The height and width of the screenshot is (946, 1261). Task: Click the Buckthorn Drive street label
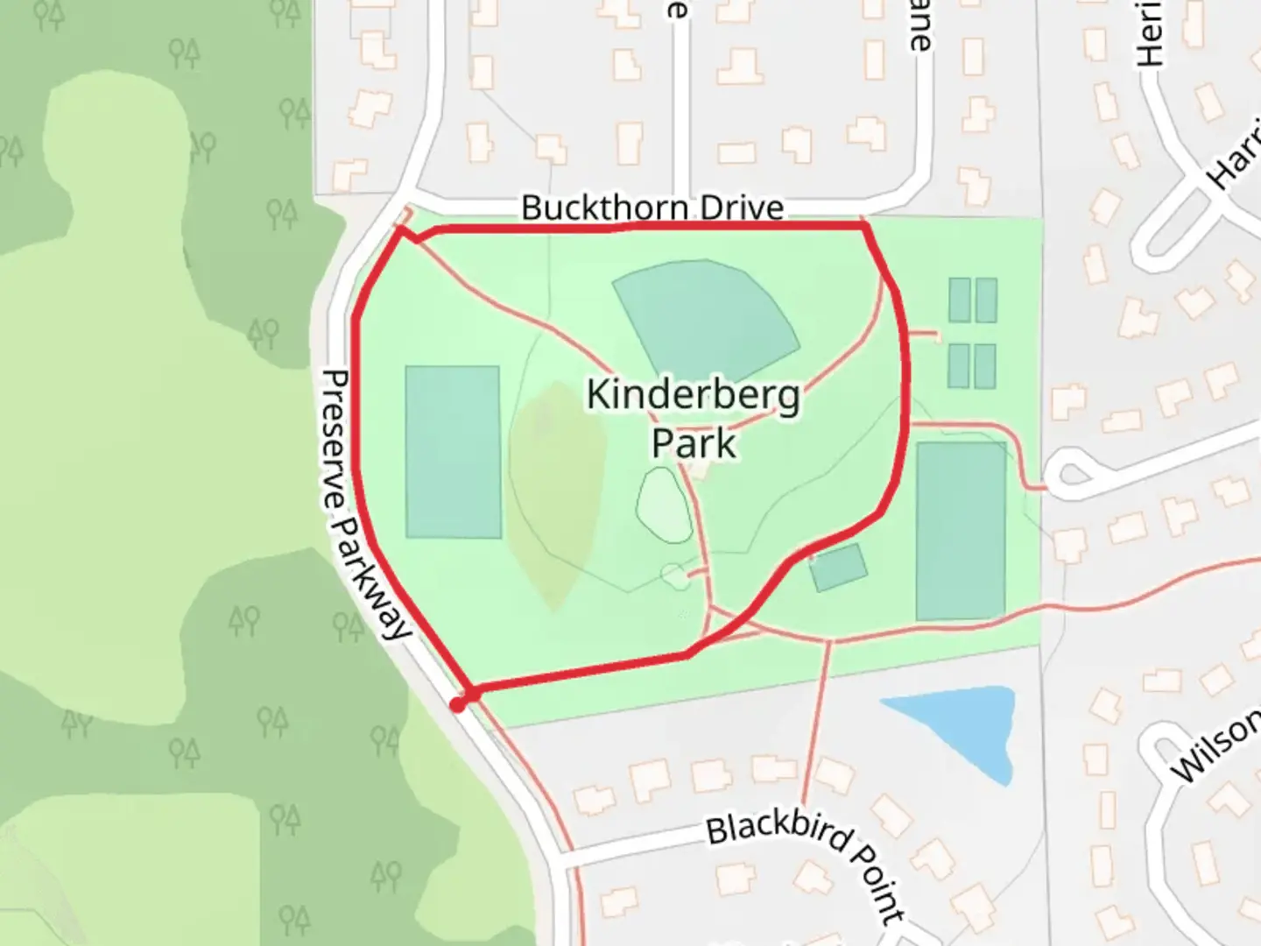pyautogui.click(x=652, y=208)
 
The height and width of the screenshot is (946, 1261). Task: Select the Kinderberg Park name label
pyautogui.click(x=694, y=418)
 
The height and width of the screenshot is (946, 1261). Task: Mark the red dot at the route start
pyautogui.click(x=458, y=704)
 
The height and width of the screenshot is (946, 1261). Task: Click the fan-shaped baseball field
pyautogui.click(x=708, y=315)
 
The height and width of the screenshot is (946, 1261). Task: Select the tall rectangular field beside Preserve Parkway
pyautogui.click(x=453, y=451)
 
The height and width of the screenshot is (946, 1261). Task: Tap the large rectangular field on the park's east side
pyautogui.click(x=961, y=530)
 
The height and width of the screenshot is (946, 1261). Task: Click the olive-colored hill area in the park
pyautogui.click(x=557, y=491)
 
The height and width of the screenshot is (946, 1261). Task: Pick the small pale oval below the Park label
pyautogui.click(x=664, y=505)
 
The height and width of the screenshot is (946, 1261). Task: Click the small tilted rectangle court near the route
pyautogui.click(x=838, y=567)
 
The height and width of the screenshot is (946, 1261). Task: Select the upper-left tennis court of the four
pyautogui.click(x=960, y=300)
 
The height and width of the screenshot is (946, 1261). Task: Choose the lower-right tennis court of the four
pyautogui.click(x=986, y=365)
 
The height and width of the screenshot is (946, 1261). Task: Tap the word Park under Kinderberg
pyautogui.click(x=694, y=442)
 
